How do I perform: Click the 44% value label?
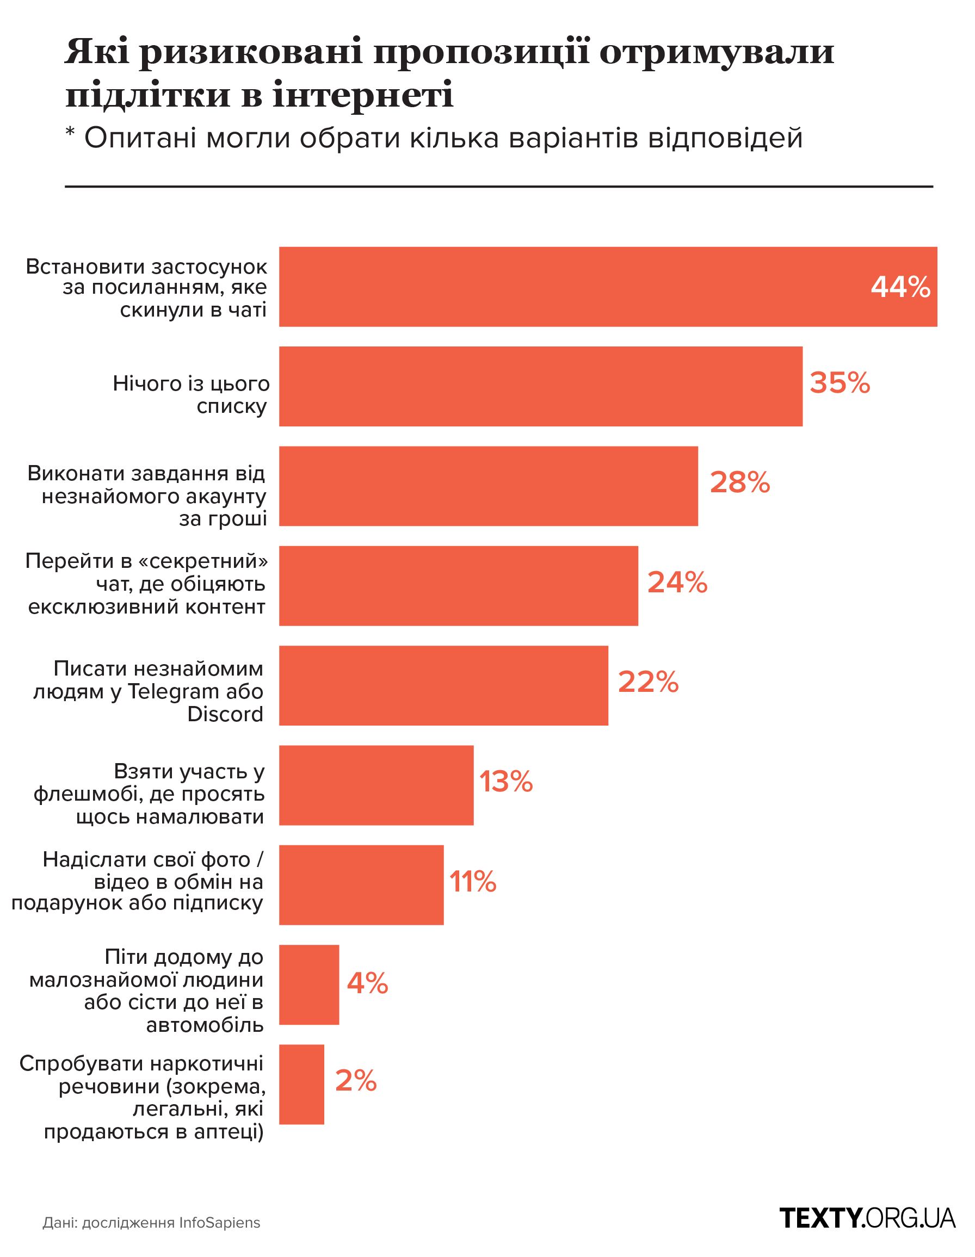(899, 287)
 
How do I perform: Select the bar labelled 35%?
(540, 387)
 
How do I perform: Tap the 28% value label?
(739, 482)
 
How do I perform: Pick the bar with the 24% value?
(458, 585)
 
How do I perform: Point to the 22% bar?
(443, 685)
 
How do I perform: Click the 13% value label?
(505, 782)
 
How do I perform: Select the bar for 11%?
(361, 884)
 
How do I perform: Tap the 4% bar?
(308, 984)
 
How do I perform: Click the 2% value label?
(355, 1080)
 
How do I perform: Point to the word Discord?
(225, 714)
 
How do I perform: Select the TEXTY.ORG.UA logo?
(867, 1218)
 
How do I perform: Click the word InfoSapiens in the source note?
(219, 1223)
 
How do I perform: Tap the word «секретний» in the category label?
(203, 561)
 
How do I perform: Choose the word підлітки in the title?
(148, 95)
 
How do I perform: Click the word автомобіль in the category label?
(205, 1025)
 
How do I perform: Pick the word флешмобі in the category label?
(88, 794)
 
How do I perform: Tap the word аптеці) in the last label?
(229, 1131)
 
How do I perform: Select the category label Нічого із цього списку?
(190, 395)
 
